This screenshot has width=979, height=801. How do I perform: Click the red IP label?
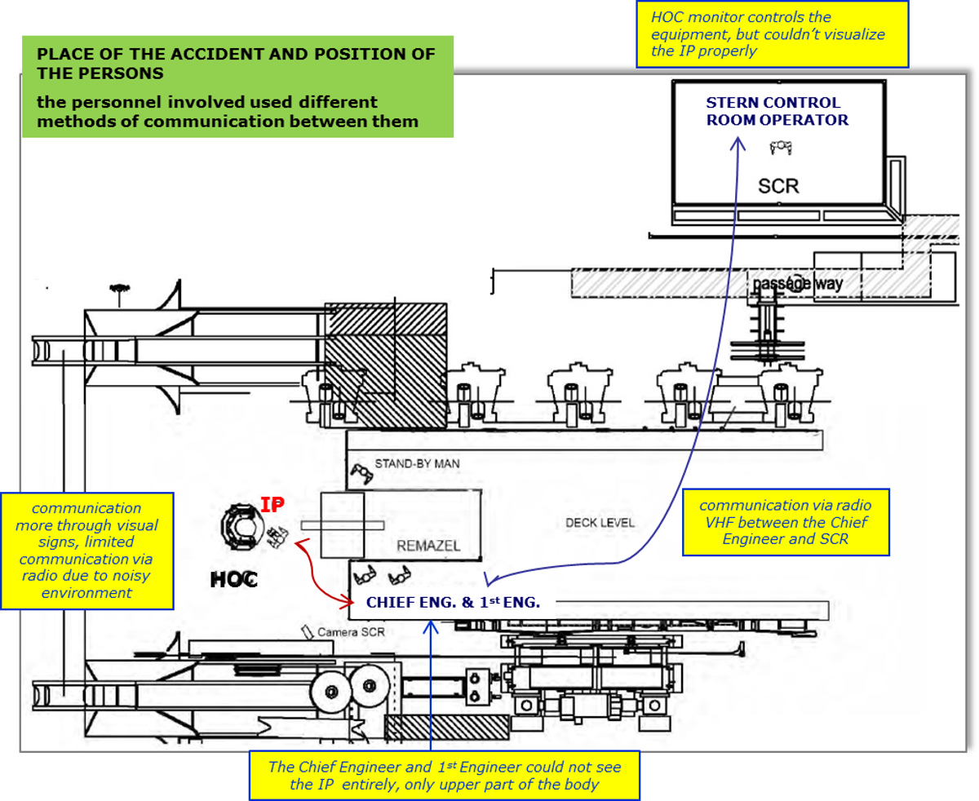[272, 506]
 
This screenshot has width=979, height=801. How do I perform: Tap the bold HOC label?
[233, 579]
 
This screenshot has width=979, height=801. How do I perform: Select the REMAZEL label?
[428, 546]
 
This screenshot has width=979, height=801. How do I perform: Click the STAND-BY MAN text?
[417, 463]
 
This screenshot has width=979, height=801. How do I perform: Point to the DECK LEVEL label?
[600, 522]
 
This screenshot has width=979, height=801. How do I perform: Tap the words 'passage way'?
[797, 284]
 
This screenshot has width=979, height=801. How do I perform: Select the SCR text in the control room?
[777, 187]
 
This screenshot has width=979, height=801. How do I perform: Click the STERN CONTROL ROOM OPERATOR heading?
[777, 111]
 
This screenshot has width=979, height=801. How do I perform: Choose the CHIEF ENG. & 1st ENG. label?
[453, 603]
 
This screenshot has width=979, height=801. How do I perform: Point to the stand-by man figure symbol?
[360, 471]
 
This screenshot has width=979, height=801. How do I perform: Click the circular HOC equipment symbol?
[240, 526]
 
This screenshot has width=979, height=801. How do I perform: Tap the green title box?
[237, 86]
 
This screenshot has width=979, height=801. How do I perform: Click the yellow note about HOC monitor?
[771, 33]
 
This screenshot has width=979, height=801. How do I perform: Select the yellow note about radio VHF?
[785, 522]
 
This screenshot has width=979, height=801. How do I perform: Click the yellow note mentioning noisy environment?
[87, 551]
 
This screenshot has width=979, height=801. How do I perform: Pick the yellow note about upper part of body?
[445, 776]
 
